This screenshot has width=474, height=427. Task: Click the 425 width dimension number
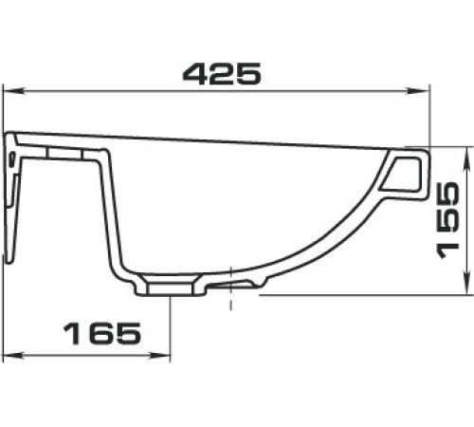tap(222, 74)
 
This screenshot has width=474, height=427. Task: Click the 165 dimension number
tap(102, 333)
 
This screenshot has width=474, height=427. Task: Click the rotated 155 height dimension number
tap(447, 221)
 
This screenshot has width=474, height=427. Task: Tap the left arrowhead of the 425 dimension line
tap(13, 92)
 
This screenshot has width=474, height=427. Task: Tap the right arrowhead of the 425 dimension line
tap(418, 92)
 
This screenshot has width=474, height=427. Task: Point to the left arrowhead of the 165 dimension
tap(13, 356)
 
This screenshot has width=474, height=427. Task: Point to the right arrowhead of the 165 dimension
tap(160, 356)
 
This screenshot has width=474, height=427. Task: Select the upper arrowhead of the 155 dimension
tap(466, 158)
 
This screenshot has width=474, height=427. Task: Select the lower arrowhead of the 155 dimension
tap(466, 283)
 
